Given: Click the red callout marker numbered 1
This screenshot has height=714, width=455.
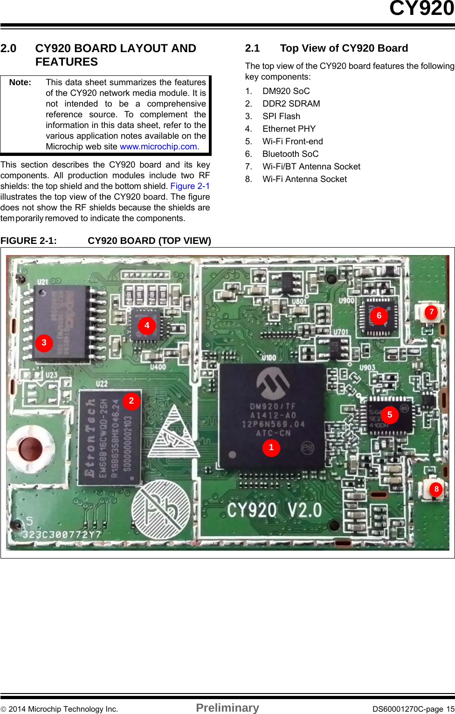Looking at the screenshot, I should (x=271, y=447).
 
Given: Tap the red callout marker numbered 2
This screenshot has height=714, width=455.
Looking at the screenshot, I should (x=131, y=401).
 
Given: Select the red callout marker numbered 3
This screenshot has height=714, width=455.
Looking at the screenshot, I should (x=44, y=343).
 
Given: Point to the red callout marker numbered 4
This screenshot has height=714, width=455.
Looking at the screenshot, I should (x=147, y=325).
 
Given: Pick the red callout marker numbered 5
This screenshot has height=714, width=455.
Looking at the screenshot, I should (x=390, y=414).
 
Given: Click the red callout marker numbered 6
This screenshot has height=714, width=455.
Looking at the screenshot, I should (x=379, y=316).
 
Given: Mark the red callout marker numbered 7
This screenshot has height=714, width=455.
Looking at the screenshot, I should (x=432, y=312).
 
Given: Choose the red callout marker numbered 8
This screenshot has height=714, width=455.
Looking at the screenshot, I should (x=436, y=489).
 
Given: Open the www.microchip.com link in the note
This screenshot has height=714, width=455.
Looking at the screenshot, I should (x=159, y=147).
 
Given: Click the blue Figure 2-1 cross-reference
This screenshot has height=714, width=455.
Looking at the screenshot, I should (x=190, y=186).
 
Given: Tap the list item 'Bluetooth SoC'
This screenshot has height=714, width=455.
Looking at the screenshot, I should (x=290, y=154).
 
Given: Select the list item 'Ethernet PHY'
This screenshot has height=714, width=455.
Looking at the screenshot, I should (x=289, y=129).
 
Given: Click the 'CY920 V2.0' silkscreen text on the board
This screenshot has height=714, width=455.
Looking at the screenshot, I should (x=275, y=510).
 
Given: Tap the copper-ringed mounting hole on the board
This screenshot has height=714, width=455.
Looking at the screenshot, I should (x=31, y=447).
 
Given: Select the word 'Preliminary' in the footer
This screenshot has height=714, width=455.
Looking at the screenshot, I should (x=227, y=708).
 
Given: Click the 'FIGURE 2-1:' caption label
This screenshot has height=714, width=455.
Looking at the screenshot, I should (x=28, y=241).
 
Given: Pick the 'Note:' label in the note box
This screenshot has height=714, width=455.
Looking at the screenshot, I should (x=20, y=82).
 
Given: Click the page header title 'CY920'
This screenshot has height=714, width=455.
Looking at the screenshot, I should (x=421, y=8).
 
